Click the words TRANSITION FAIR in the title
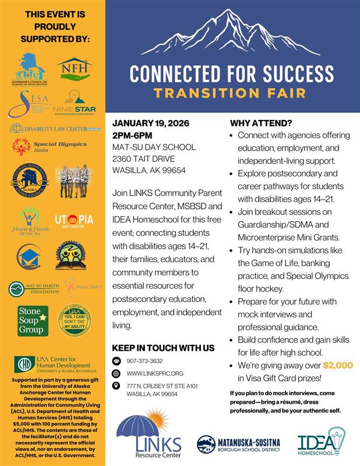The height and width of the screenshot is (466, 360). click(232, 93)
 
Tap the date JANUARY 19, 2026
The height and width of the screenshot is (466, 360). click(150, 123)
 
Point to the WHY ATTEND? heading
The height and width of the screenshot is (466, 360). click(261, 123)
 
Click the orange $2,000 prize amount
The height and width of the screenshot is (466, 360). click(338, 365)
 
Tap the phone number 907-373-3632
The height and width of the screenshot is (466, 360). click(144, 361)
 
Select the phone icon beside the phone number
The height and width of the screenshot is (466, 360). click(116, 361)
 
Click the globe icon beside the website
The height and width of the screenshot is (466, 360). click(116, 373)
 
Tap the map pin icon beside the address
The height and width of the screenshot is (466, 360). click(116, 386)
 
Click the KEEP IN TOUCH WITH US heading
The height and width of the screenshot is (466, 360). click(163, 348)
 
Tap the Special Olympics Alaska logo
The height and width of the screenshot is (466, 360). click(39, 146)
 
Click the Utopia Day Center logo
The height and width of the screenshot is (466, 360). click(74, 221)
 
